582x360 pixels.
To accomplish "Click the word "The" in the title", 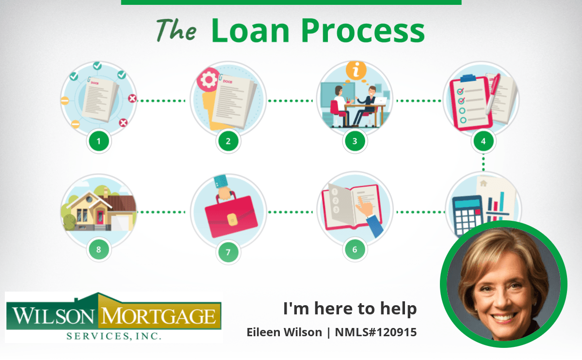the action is click(177, 30).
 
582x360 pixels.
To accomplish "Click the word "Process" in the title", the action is click(363, 31).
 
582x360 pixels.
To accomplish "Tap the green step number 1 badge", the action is click(99, 141).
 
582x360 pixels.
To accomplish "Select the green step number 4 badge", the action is click(483, 141).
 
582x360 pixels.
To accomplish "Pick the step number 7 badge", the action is click(228, 252).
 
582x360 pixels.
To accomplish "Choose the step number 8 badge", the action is click(99, 249).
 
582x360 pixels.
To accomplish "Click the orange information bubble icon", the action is click(356, 70).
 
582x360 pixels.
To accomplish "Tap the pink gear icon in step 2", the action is click(209, 80).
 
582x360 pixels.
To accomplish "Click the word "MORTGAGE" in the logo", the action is click(159, 316).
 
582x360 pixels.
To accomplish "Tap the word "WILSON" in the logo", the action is click(53, 316).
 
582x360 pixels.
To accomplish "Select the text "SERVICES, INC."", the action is click(114, 336).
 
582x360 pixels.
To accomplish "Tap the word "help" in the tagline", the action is click(399, 309).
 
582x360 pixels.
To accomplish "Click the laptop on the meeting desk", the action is click(380, 100).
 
